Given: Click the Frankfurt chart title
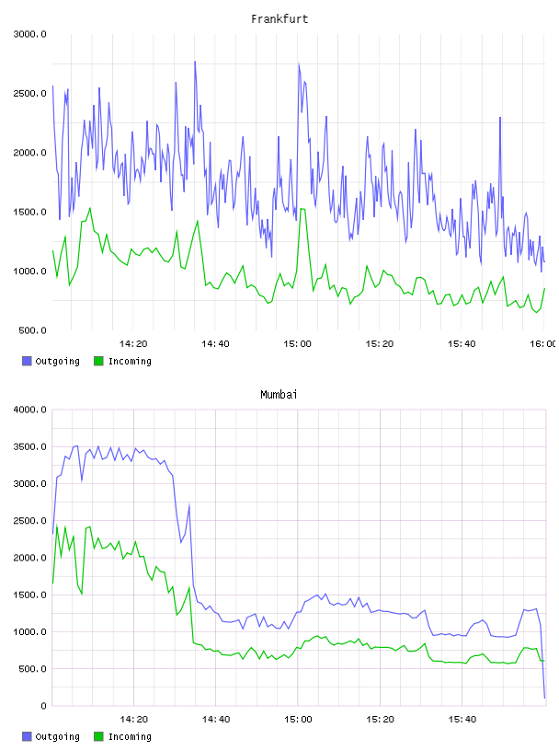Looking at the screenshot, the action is (279, 19).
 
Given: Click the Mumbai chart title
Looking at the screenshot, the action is (279, 395).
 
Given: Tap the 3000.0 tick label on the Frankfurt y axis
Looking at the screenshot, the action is (29, 34).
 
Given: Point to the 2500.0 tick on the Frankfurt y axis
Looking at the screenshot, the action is (29, 93).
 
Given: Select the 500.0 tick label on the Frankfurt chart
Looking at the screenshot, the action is (32, 330).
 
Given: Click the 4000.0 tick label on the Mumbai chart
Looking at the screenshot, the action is (29, 410).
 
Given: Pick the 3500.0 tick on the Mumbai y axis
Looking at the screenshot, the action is (29, 447).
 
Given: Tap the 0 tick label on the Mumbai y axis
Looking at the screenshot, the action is (43, 706).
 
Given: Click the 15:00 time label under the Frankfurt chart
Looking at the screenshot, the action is (297, 344).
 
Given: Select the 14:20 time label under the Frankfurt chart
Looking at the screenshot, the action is (133, 344).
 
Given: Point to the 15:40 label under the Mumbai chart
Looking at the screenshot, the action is (462, 720).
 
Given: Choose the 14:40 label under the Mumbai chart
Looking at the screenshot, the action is (215, 720).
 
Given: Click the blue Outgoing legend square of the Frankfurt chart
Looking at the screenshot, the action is (27, 361).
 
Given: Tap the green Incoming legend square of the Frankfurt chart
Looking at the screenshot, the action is (98, 361).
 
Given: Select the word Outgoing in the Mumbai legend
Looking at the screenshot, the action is (57, 736).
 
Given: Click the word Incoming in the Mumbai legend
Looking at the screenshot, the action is (130, 736).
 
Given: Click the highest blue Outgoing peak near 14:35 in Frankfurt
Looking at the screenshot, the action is (195, 62).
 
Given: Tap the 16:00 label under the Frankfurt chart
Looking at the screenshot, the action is (543, 344).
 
